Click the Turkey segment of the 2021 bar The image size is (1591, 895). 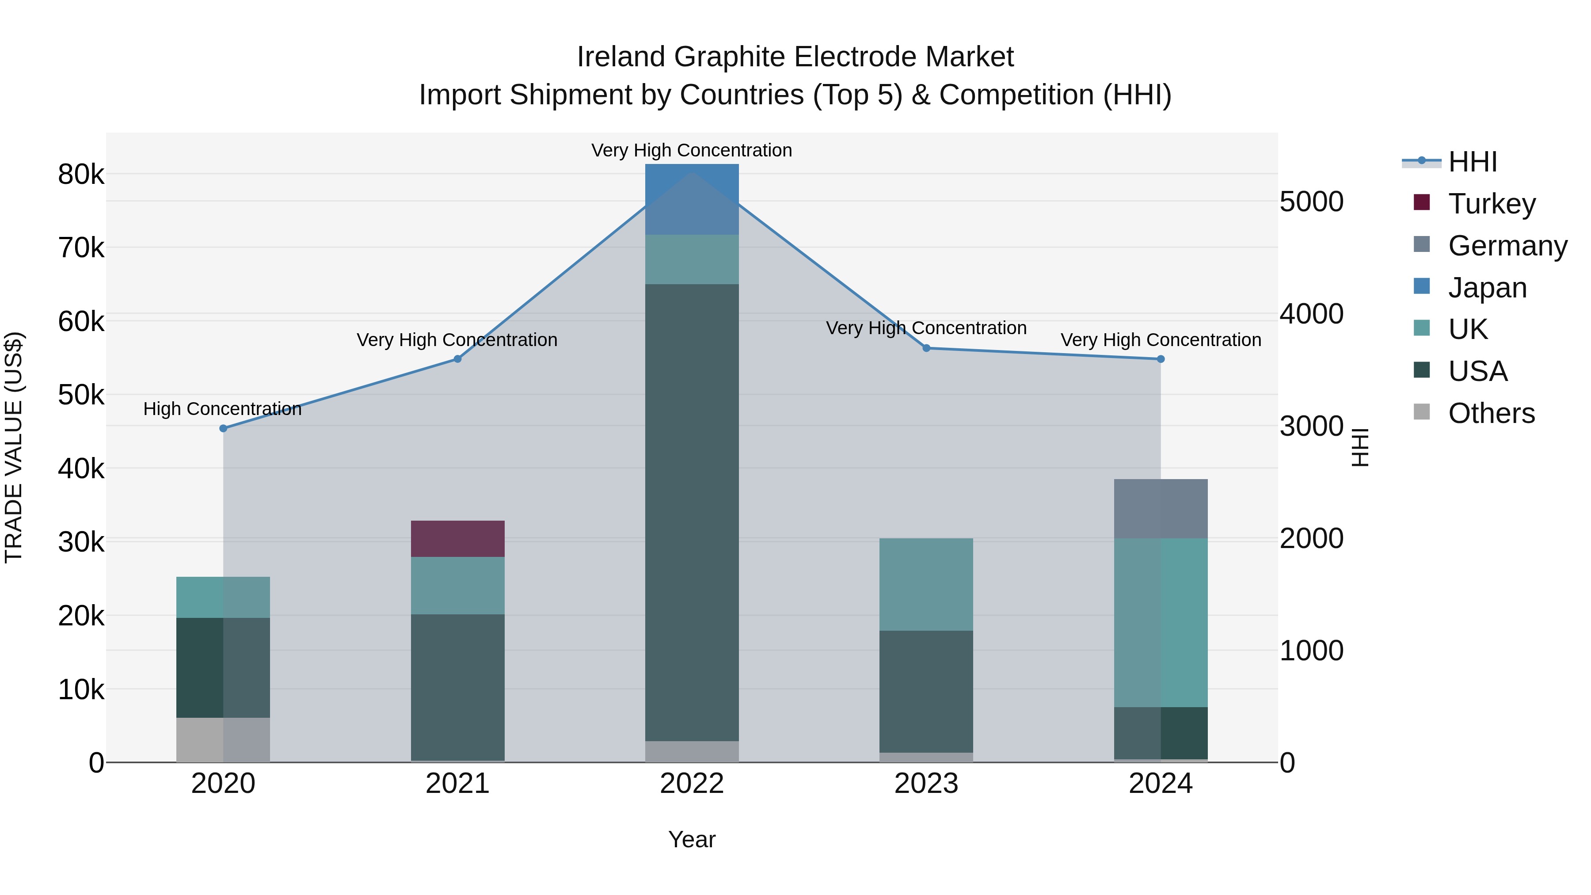[458, 539]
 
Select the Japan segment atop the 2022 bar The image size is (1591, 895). [692, 199]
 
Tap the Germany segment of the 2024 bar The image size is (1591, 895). [1161, 508]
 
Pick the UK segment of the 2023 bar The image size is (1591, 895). [926, 584]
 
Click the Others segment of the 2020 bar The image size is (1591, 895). [223, 739]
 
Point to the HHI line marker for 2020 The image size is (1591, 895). [224, 428]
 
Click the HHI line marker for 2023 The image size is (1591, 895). [926, 348]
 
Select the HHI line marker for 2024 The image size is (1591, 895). [1161, 359]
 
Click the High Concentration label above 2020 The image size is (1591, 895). [222, 409]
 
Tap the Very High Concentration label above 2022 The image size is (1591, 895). [692, 150]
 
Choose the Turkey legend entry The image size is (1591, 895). [1492, 204]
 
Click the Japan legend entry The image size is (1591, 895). [1487, 288]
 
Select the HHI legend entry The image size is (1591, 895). [1473, 162]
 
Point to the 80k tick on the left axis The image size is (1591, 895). [81, 175]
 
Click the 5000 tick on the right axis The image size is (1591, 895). [1311, 202]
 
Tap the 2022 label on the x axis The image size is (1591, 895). [692, 784]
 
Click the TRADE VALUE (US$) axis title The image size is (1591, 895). [14, 447]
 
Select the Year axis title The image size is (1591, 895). [692, 839]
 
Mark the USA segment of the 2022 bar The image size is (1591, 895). [692, 512]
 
